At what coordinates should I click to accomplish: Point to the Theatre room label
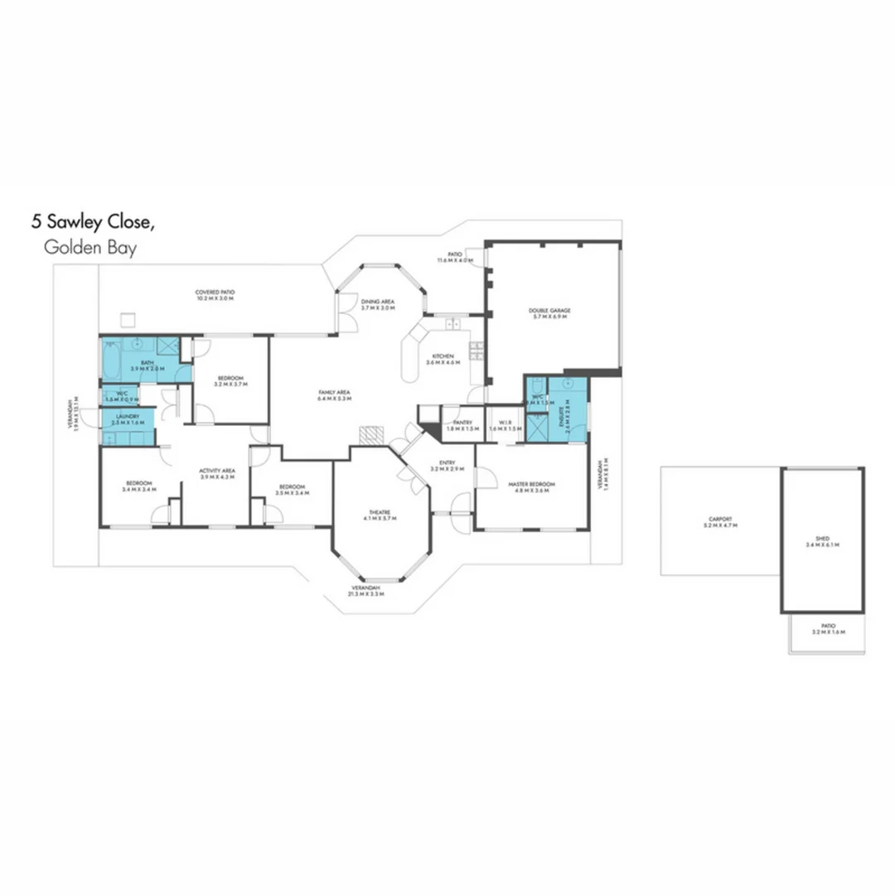[x=381, y=515]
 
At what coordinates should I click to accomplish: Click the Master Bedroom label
[x=531, y=486]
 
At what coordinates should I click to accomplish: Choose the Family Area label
[x=335, y=394]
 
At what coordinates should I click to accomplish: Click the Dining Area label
[x=377, y=303]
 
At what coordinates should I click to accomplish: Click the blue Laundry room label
[x=127, y=419]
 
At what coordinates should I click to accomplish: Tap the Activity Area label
[x=217, y=473]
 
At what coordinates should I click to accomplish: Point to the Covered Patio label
[x=215, y=295]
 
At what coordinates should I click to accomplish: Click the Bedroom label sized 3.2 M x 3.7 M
[x=230, y=380]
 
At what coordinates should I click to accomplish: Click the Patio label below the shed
[x=828, y=629]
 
